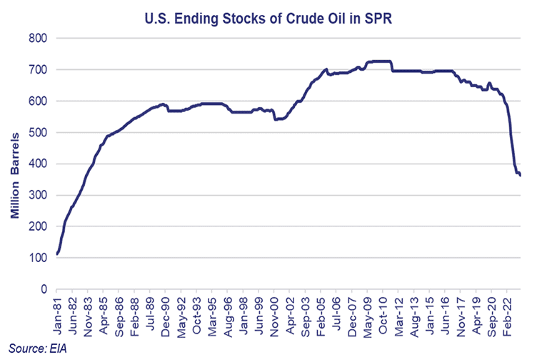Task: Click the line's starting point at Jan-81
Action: click(57, 254)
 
